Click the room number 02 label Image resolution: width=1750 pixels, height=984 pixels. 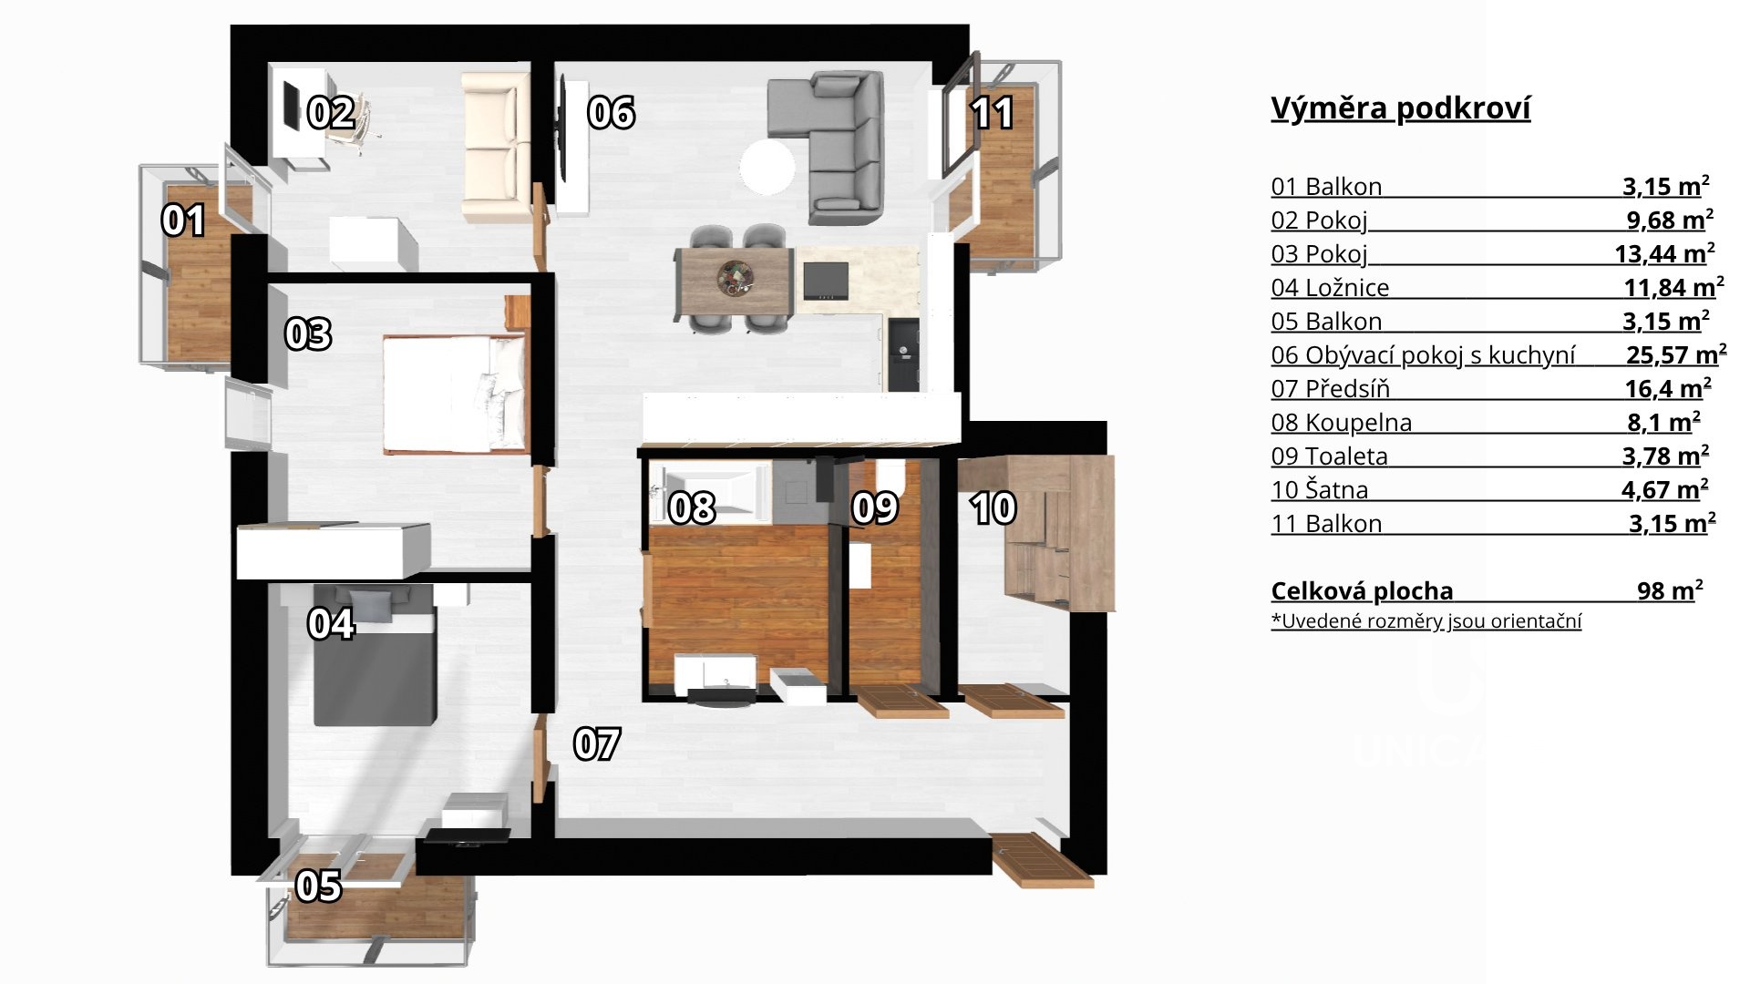[331, 113]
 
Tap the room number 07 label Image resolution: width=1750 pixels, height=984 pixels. [597, 744]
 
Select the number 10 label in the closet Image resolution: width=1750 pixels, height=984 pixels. [993, 508]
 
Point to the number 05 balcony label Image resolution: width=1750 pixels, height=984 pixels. [319, 886]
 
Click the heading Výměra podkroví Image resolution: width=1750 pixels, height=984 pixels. [1400, 108]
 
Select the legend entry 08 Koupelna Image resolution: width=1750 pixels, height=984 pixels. [1342, 423]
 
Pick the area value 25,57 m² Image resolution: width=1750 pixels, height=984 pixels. [1676, 354]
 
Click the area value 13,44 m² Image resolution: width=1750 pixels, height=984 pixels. [1665, 253]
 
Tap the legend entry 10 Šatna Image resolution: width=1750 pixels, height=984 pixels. [1320, 490]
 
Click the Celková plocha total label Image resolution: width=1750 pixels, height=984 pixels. [1362, 591]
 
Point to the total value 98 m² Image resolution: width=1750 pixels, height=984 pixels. [1670, 590]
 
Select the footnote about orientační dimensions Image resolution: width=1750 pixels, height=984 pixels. [1426, 621]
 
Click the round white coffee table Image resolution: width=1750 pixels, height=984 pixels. [767, 167]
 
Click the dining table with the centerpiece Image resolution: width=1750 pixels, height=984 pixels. [733, 278]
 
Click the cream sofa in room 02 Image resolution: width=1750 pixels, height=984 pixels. [496, 148]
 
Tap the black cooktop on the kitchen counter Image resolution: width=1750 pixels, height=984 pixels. [825, 281]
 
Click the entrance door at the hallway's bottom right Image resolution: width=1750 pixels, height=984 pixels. [1041, 859]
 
